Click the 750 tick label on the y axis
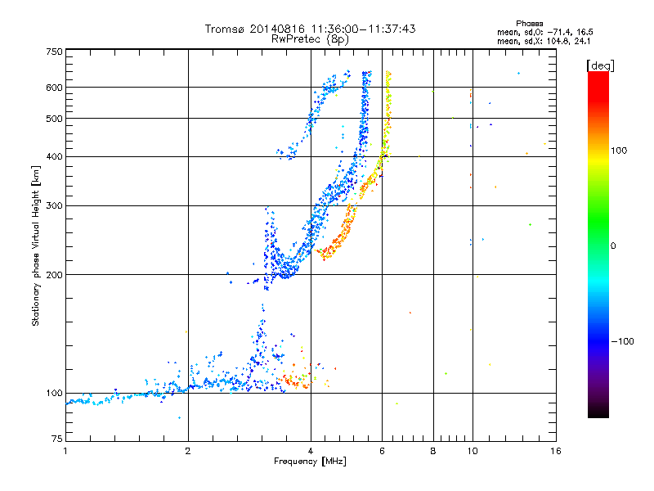[54, 52]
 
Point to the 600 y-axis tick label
[54, 88]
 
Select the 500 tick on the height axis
[54, 119]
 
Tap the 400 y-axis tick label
[54, 156]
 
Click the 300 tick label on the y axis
[54, 205]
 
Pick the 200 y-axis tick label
[54, 274]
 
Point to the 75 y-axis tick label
[56, 441]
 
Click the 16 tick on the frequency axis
[555, 451]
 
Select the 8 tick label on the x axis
[433, 451]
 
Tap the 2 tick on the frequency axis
[188, 451]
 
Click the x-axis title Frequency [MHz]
[311, 462]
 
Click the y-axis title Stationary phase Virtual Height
[36, 245]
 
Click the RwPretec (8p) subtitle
[311, 38]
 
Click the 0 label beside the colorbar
[614, 245]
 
